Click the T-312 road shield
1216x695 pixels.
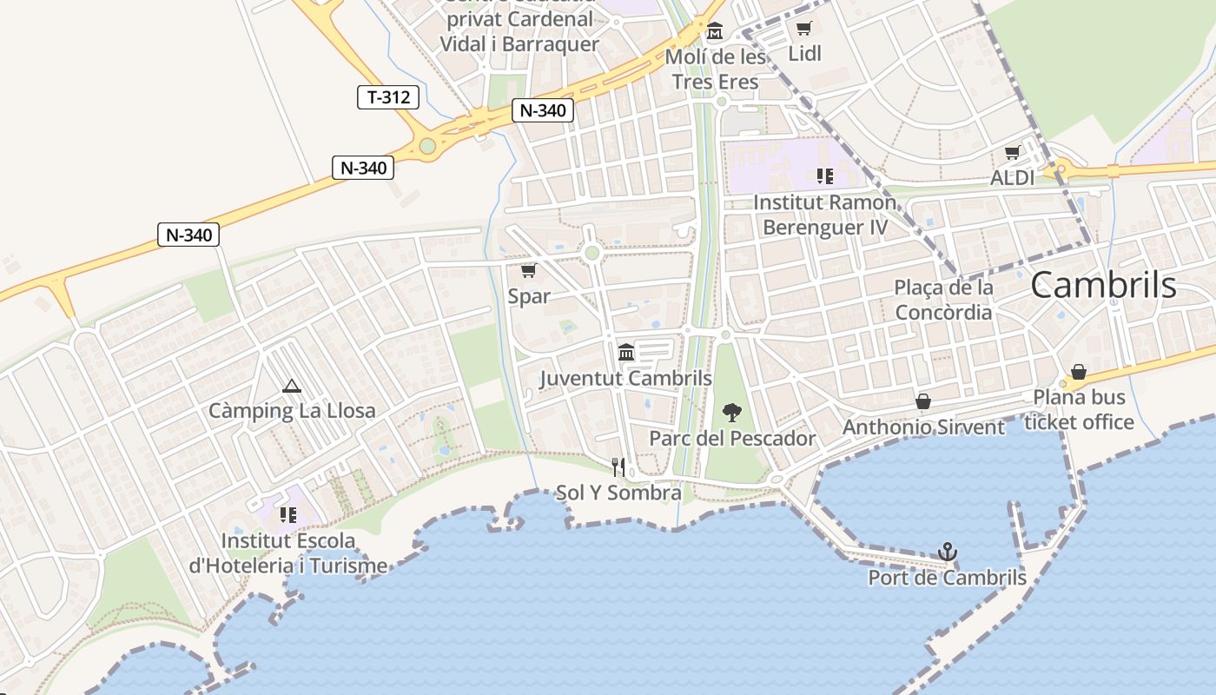click(x=388, y=97)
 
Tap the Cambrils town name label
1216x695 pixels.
click(x=1103, y=285)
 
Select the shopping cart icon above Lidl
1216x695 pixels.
click(x=804, y=29)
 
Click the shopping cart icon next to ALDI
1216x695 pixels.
click(x=1013, y=153)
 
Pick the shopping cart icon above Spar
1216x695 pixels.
click(x=528, y=271)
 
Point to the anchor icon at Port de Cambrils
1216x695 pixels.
click(x=948, y=552)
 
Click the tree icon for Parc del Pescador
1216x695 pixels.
click(x=732, y=413)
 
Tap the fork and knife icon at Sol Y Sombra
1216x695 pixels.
click(x=618, y=467)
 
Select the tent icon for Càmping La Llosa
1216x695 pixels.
click(x=292, y=386)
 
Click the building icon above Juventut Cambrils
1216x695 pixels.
click(x=626, y=353)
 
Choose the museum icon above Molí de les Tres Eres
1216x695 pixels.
click(x=715, y=32)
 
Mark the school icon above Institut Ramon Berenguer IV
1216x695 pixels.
click(x=824, y=177)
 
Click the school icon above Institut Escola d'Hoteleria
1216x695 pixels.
click(x=288, y=515)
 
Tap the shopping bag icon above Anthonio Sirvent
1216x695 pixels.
click(x=923, y=401)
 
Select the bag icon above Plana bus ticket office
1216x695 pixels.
click(x=1079, y=372)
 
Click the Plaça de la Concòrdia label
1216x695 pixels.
click(x=944, y=300)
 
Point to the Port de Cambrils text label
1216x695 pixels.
click(x=948, y=578)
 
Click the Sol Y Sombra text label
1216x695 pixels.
click(x=618, y=493)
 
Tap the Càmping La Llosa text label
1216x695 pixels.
click(x=292, y=411)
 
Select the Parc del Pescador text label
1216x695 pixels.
click(x=733, y=439)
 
